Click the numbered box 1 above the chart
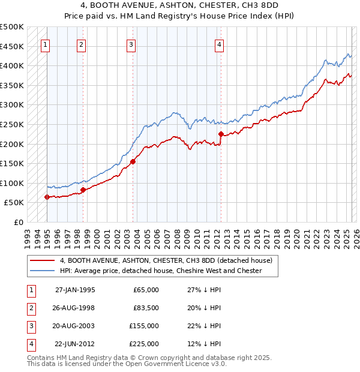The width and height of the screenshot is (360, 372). [46, 44]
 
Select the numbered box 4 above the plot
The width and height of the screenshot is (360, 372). [220, 44]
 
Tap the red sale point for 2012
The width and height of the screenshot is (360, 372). [221, 134]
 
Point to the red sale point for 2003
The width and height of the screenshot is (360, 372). [133, 161]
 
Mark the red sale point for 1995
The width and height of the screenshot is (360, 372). [47, 197]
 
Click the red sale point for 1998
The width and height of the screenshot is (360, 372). [83, 190]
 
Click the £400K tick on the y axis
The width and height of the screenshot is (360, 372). [13, 65]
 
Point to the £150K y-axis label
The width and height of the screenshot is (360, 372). [13, 163]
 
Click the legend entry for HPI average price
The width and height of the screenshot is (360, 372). [161, 271]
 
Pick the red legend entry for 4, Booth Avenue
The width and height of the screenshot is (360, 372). [166, 260]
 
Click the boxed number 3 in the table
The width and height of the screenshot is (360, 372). [30, 326]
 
